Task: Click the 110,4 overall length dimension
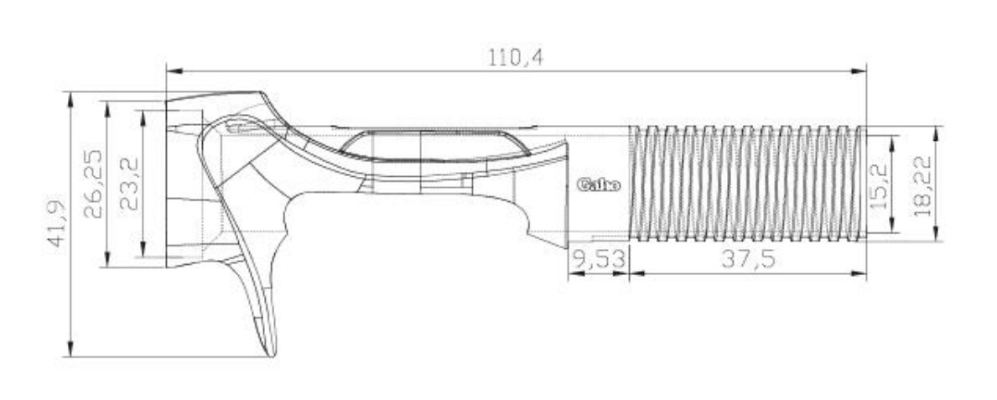(516, 58)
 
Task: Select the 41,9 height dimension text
(58, 225)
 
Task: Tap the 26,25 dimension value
(93, 184)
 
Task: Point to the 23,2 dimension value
(129, 184)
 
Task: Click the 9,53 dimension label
(599, 259)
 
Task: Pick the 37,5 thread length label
(749, 259)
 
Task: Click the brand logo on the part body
(599, 185)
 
